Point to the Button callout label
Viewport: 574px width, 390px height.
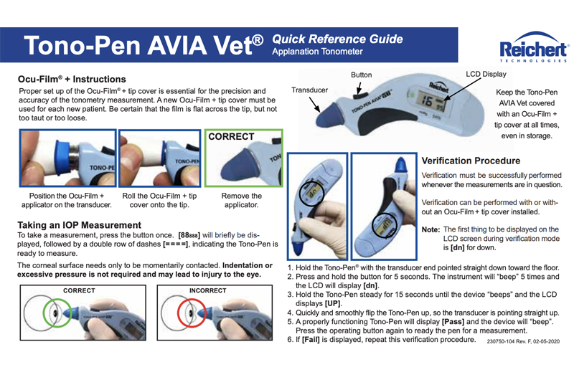tap(361, 75)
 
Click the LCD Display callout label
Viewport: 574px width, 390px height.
tap(486, 74)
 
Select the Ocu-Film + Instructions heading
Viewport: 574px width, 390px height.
tap(72, 79)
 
